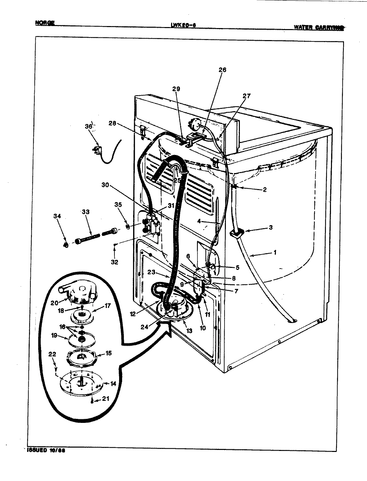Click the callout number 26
click(x=222, y=70)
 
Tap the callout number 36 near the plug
click(x=88, y=126)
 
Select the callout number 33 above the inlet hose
click(x=86, y=212)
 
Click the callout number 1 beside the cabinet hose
click(x=275, y=253)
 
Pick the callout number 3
click(x=271, y=227)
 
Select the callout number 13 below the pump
click(x=190, y=331)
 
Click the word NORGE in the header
click(x=45, y=23)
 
